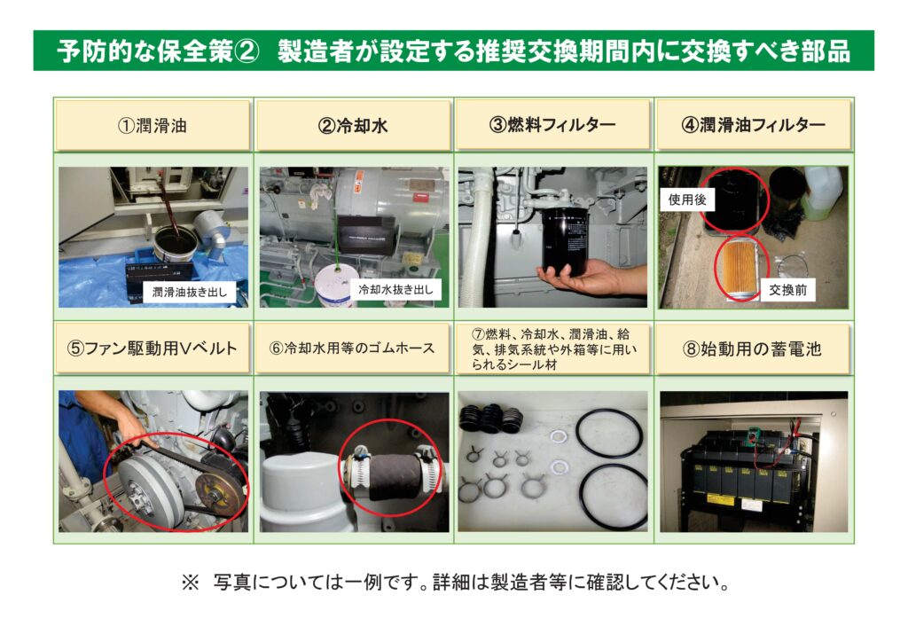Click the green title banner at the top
click(x=453, y=51)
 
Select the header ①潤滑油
click(x=153, y=125)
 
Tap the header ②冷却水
click(x=353, y=125)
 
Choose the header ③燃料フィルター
click(x=553, y=124)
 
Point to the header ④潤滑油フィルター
click(x=754, y=124)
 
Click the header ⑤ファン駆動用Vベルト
click(x=153, y=348)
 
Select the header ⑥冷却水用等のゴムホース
click(x=353, y=348)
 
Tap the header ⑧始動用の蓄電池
click(x=754, y=348)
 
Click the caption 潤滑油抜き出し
click(x=190, y=292)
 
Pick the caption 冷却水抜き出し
click(x=395, y=289)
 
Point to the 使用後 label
click(x=687, y=200)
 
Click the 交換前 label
click(x=787, y=290)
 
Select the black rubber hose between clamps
click(x=393, y=476)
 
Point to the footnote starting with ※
click(x=455, y=582)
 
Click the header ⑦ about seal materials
click(x=553, y=348)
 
